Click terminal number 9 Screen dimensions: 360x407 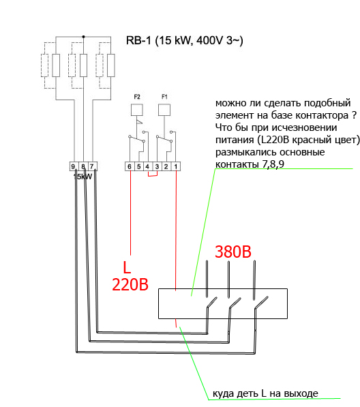coord(73,166)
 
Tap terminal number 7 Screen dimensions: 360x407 coord(92,166)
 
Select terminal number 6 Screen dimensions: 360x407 coord(130,166)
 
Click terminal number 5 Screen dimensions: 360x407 coord(139,166)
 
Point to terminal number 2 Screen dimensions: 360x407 coord(166,166)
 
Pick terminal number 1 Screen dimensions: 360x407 coord(176,166)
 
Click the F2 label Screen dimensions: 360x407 coord(137,97)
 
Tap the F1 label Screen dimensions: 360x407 coord(164,97)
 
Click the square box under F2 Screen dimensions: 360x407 coord(137,110)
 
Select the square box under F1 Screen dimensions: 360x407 coord(164,110)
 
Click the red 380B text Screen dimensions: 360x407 coord(233,252)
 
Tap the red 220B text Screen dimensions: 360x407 coord(130,284)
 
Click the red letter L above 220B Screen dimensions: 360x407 coord(127,268)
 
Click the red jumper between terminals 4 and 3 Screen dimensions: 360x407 coord(153,174)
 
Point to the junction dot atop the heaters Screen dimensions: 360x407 coord(83,37)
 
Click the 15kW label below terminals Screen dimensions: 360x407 coord(82,177)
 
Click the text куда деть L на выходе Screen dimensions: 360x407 coord(265,393)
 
